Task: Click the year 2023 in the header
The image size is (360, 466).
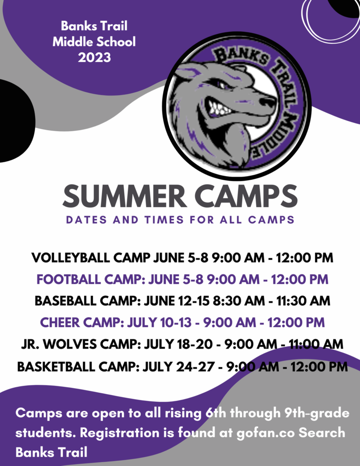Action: click(x=94, y=57)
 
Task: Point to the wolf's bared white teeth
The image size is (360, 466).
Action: click(x=219, y=108)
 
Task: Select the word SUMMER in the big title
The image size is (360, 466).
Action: click(x=125, y=196)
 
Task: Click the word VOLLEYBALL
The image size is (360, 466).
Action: click(x=71, y=258)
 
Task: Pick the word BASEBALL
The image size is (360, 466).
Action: click(x=66, y=301)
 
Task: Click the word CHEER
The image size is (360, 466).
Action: click(x=60, y=323)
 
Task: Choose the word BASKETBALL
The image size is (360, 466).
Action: click(x=56, y=366)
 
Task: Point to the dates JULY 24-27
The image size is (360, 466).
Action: click(x=178, y=366)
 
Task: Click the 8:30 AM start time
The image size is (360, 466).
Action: click(x=239, y=301)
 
